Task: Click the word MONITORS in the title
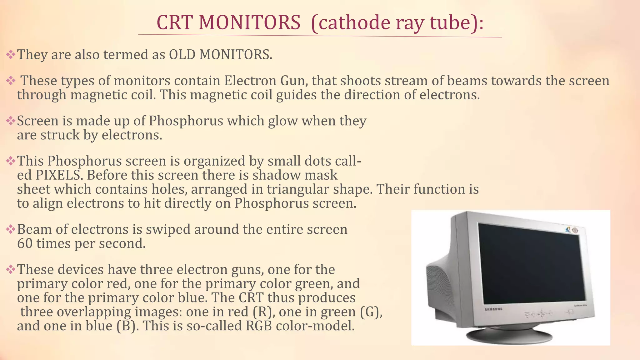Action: pyautogui.click(x=249, y=22)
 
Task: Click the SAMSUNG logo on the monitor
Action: pyautogui.click(x=493, y=309)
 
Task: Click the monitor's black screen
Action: pyautogui.click(x=531, y=266)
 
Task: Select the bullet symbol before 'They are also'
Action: pyautogui.click(x=11, y=55)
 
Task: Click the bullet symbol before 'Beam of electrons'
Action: pyautogui.click(x=11, y=230)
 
